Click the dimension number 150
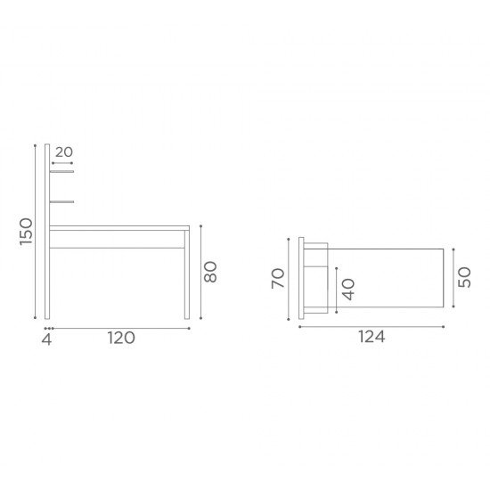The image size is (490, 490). pyautogui.click(x=26, y=232)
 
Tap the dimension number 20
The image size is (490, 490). pyautogui.click(x=64, y=152)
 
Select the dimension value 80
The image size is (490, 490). pyautogui.click(x=210, y=272)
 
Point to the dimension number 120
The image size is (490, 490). pyautogui.click(x=121, y=338)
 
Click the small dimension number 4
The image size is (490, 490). pyautogui.click(x=46, y=339)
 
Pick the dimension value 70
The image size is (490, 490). pyautogui.click(x=278, y=278)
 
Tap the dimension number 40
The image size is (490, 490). pyautogui.click(x=348, y=290)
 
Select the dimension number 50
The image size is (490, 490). pyautogui.click(x=464, y=277)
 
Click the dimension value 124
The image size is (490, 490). pyautogui.click(x=372, y=337)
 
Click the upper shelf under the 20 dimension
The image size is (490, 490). pyautogui.click(x=61, y=171)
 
